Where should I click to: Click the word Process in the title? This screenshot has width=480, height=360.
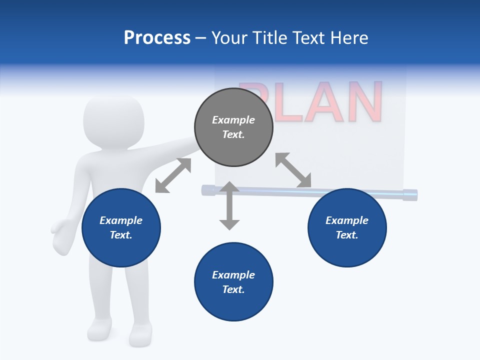[157, 38]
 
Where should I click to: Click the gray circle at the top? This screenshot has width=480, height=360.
[233, 127]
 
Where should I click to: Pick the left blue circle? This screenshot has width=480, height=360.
[121, 228]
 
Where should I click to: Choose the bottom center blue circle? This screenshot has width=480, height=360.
[233, 282]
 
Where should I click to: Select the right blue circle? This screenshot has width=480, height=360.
[347, 228]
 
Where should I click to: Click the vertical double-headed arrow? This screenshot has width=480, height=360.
[229, 205]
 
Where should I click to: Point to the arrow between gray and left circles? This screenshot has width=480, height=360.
[173, 175]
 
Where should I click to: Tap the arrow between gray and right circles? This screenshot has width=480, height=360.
[293, 170]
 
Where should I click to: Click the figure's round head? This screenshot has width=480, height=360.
[113, 121]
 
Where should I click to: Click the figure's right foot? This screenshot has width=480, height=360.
[140, 333]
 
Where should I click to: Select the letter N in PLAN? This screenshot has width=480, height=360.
[363, 102]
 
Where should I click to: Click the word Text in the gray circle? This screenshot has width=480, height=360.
[233, 134]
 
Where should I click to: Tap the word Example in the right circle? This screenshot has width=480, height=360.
[347, 220]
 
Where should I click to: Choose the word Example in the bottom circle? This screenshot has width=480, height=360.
[233, 274]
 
